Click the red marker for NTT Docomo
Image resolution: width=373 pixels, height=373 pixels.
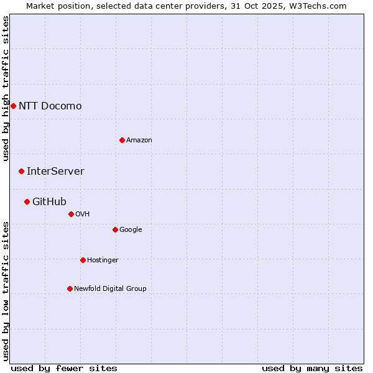(13, 106)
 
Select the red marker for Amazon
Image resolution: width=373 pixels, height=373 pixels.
(122, 140)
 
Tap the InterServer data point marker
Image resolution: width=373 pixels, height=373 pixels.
(21, 171)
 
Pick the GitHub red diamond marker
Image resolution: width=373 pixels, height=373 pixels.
(27, 201)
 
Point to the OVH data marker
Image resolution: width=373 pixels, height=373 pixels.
(71, 214)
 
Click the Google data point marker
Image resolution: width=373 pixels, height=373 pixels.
(115, 229)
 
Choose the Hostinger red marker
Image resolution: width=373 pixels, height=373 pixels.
(83, 260)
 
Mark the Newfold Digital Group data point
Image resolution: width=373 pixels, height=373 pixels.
(70, 288)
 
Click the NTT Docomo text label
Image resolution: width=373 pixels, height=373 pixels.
(50, 106)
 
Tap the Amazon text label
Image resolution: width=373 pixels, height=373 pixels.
(139, 140)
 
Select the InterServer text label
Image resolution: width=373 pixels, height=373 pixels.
(55, 171)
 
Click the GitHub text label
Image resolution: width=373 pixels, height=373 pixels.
(49, 201)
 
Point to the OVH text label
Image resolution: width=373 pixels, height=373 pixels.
(82, 214)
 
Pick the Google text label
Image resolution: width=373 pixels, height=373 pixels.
(131, 229)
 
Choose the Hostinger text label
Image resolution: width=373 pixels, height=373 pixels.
(103, 260)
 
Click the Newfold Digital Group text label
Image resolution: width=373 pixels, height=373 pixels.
(110, 288)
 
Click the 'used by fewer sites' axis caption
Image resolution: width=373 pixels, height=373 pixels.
(64, 368)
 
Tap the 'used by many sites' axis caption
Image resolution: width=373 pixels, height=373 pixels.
(312, 368)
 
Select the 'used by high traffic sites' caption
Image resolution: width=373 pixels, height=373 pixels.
(6, 88)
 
